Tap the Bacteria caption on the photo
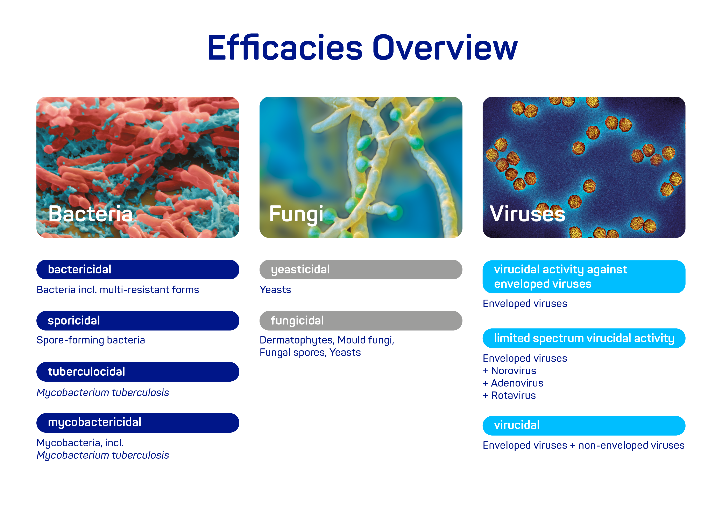(x=91, y=214)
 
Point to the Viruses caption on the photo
(x=527, y=214)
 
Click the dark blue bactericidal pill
(x=138, y=270)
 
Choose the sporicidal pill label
(x=138, y=321)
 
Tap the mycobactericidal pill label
(x=138, y=423)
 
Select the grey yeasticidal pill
(x=361, y=270)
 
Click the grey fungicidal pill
(x=361, y=321)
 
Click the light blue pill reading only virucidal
(x=584, y=425)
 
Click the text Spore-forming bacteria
(x=91, y=340)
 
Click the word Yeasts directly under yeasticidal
(x=275, y=290)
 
